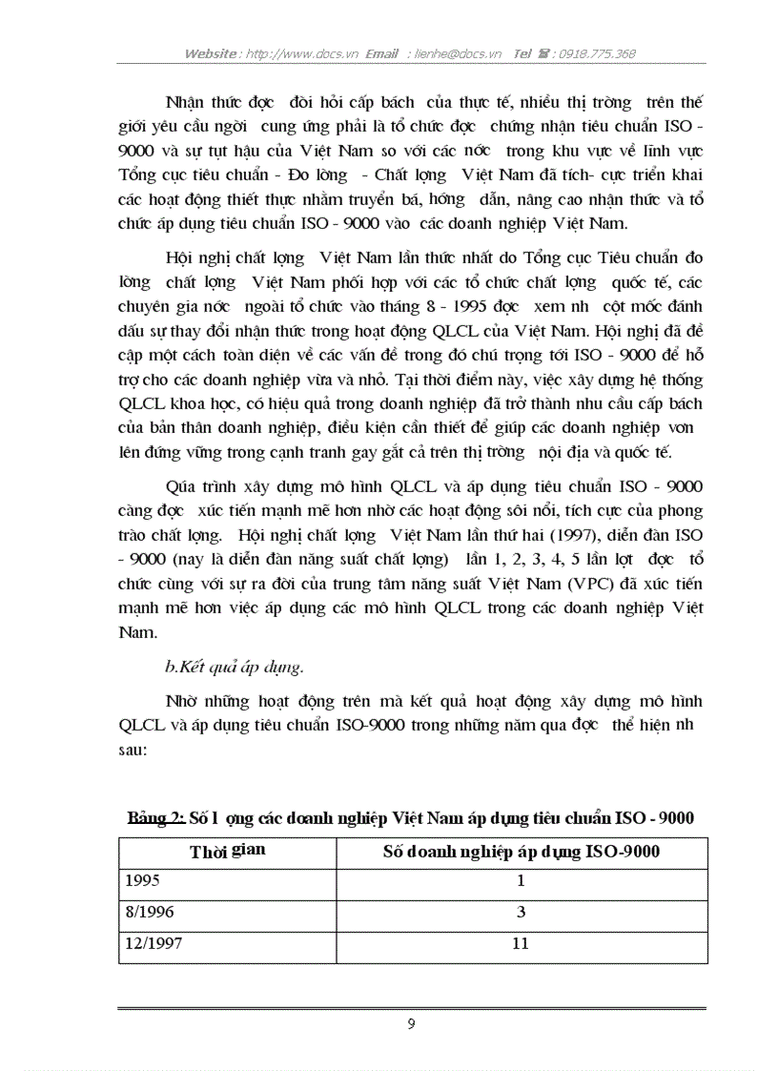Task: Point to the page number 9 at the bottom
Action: [x=411, y=1024]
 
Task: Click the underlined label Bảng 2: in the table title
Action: [x=157, y=818]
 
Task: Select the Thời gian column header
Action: [x=228, y=852]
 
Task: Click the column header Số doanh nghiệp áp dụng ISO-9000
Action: [x=521, y=852]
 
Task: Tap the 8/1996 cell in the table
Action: [x=146, y=913]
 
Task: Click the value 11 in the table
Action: [x=521, y=944]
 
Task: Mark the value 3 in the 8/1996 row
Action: [x=521, y=913]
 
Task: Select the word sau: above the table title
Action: [x=133, y=750]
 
